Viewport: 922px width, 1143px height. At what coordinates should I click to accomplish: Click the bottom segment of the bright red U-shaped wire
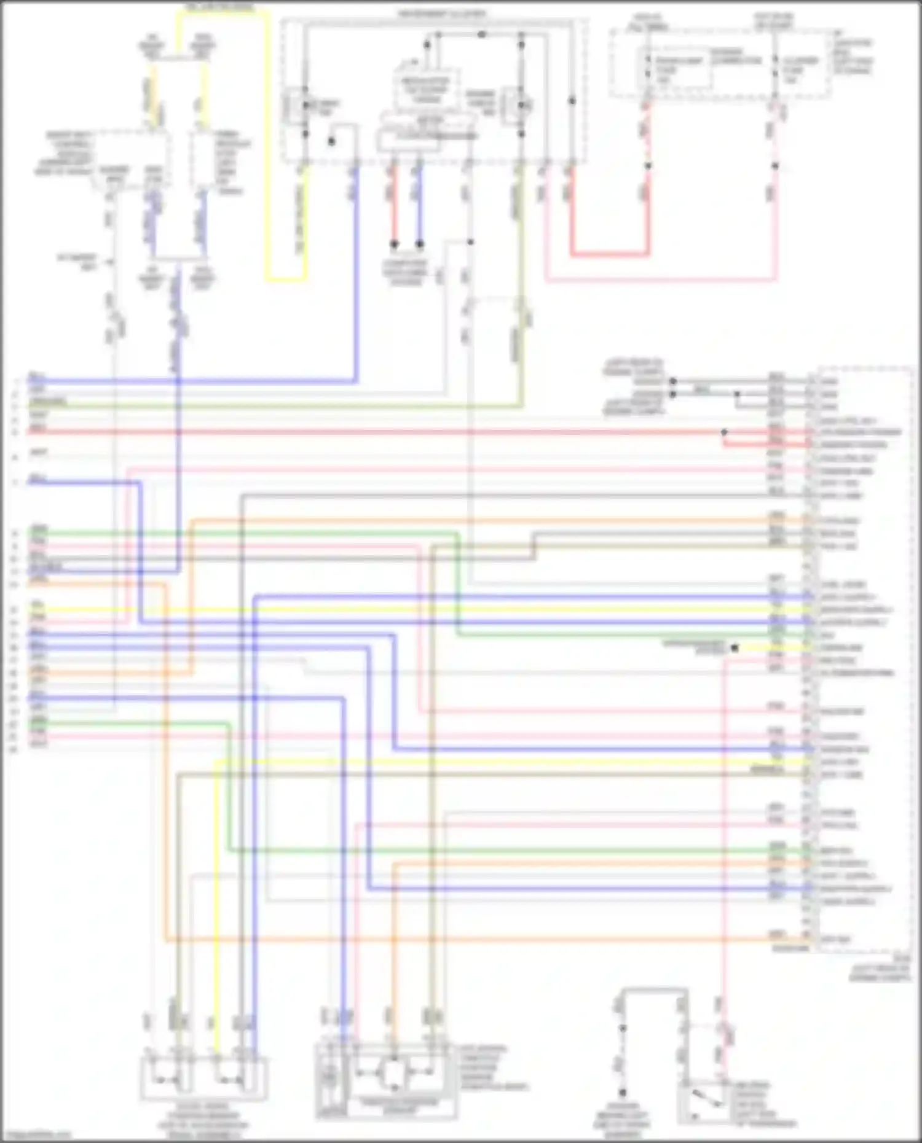click(609, 254)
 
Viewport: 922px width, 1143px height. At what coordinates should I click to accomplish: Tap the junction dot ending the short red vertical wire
click(394, 244)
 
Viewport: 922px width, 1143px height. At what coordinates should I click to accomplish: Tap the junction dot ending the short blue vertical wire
click(420, 244)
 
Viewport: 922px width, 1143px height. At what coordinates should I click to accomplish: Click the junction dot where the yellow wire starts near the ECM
click(735, 647)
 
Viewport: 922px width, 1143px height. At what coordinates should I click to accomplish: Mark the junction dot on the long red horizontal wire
click(724, 432)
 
